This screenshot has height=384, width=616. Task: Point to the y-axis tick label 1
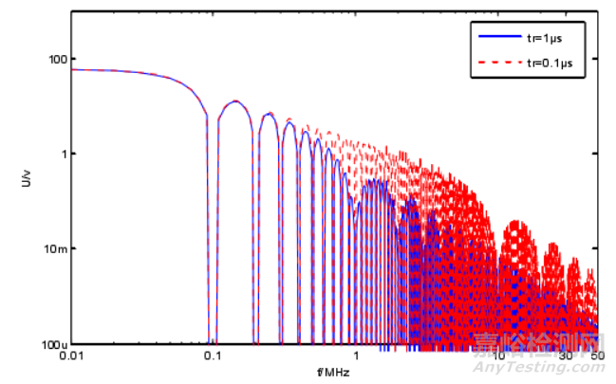59,154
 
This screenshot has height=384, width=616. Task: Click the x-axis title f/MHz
334,372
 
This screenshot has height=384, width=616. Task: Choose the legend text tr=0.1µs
551,64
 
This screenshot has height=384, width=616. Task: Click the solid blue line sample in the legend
495,38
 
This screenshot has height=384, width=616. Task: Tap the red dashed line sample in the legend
495,64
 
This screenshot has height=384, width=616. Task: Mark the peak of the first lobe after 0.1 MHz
234,101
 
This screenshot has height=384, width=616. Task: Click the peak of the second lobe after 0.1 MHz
269,114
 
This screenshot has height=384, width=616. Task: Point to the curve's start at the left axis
72,70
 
